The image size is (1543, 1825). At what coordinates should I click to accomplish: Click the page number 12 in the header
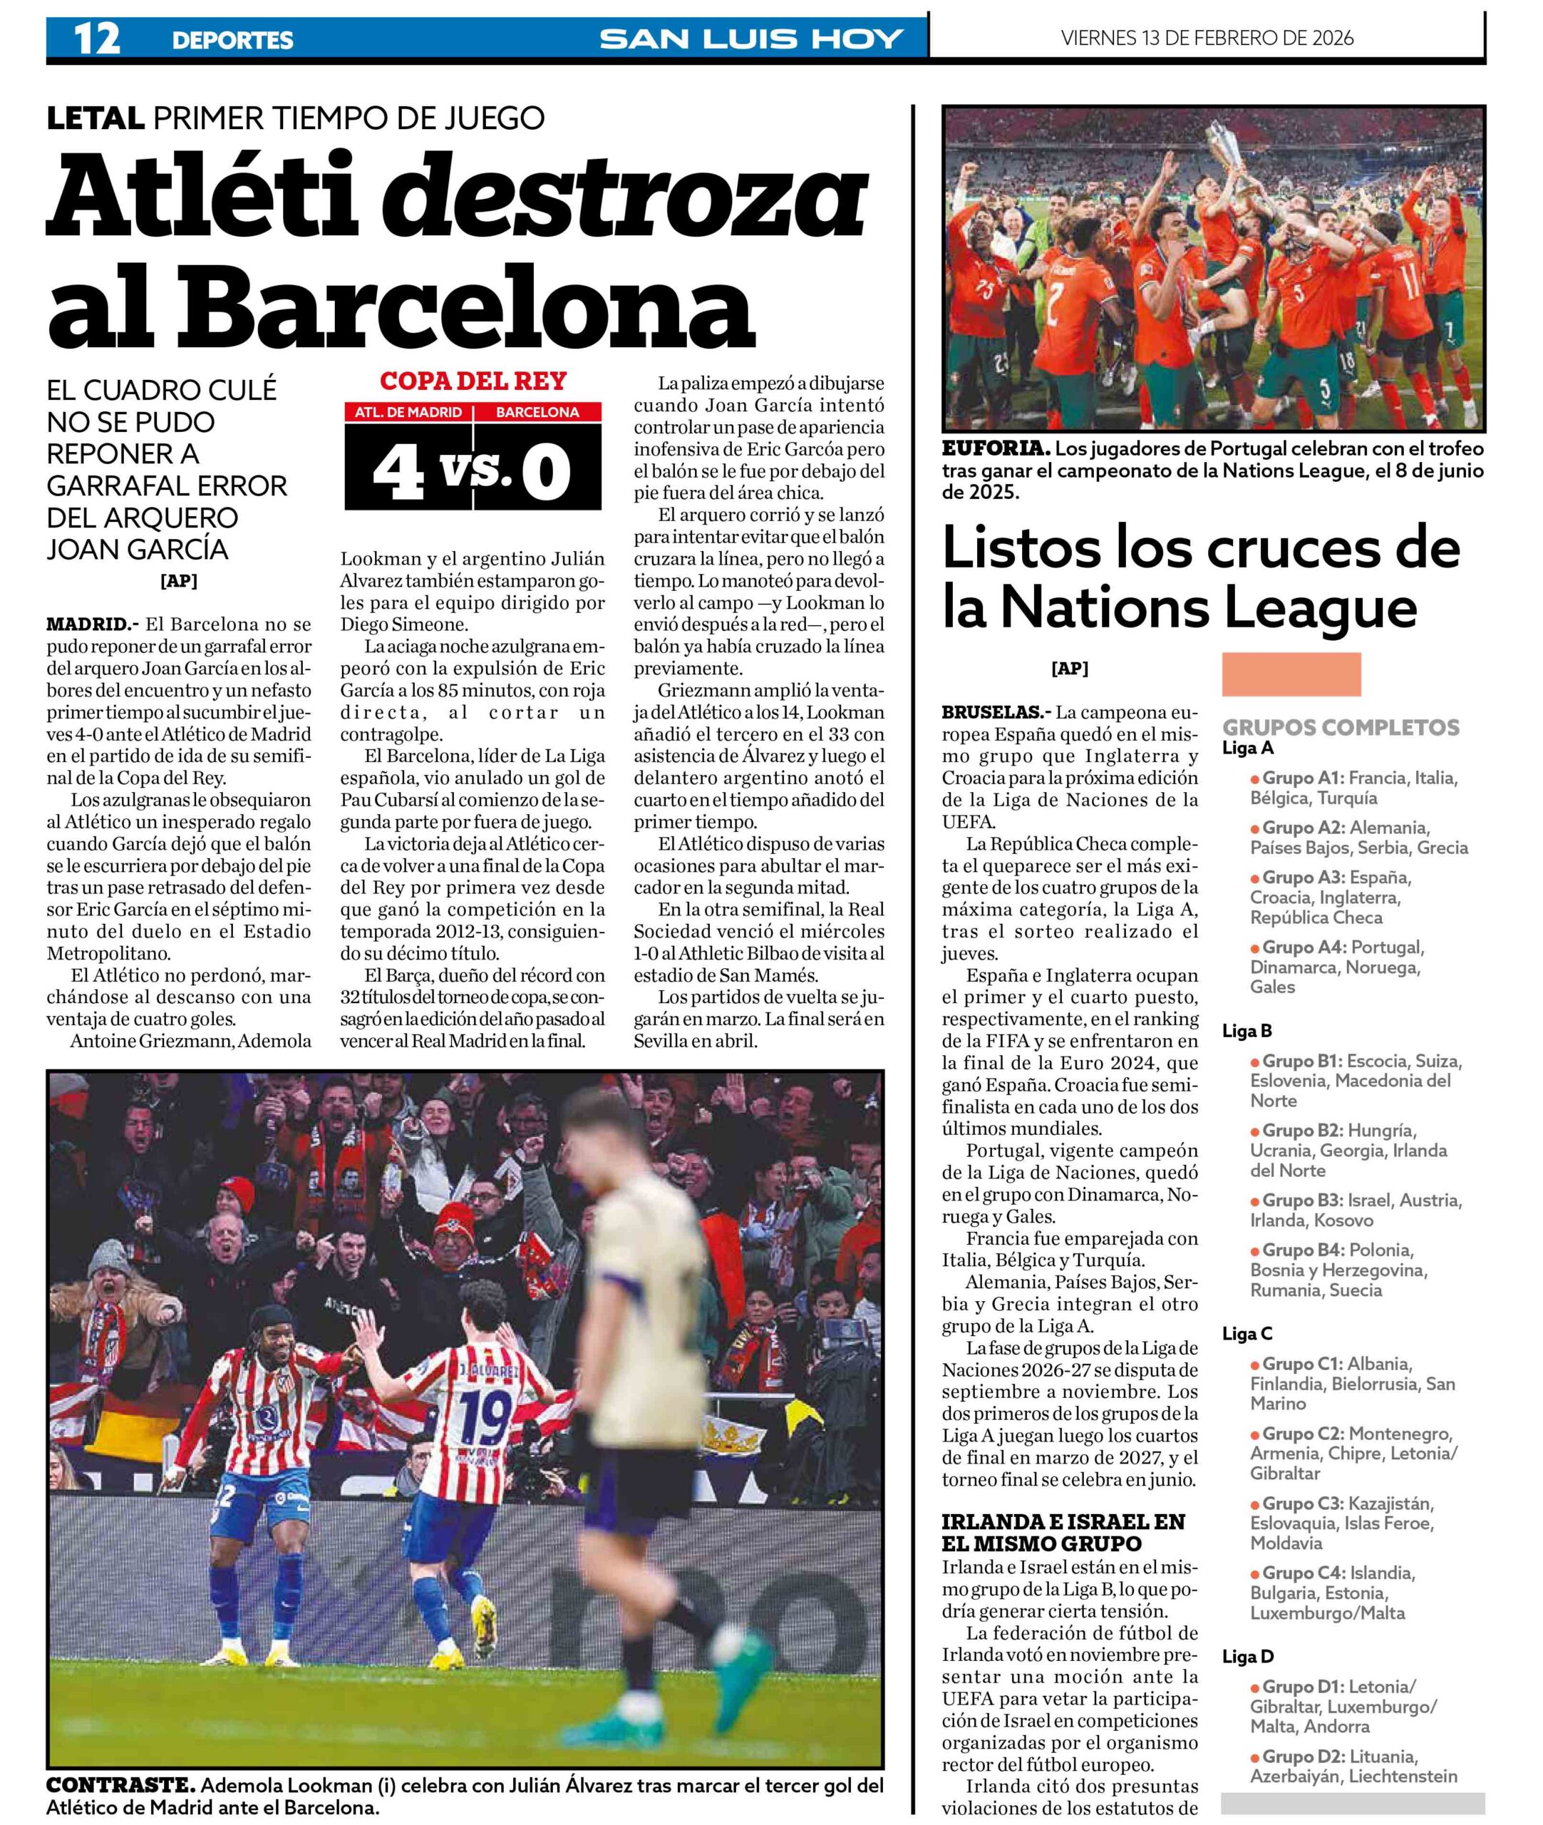click(x=97, y=38)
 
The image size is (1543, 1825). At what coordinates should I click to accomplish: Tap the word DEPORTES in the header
click(x=232, y=40)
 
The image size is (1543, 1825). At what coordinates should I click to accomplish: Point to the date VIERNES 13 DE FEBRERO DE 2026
click(x=1207, y=38)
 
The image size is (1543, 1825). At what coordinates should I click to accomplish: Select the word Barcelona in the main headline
click(x=468, y=307)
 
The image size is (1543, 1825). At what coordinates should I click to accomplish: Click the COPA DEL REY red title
click(x=473, y=381)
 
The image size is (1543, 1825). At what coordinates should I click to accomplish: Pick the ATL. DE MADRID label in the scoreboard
click(x=408, y=412)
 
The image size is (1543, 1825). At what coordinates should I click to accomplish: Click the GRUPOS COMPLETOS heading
click(x=1340, y=727)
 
